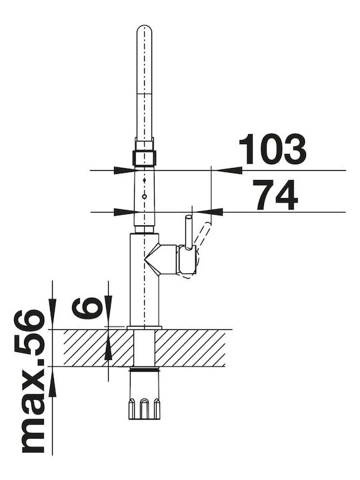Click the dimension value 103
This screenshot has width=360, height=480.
tap(272, 149)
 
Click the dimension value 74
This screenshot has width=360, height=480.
tap(275, 195)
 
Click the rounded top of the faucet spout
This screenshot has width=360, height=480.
tap(144, 29)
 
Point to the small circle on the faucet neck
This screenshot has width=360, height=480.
tap(145, 196)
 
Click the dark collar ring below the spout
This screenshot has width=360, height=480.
tap(145, 158)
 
